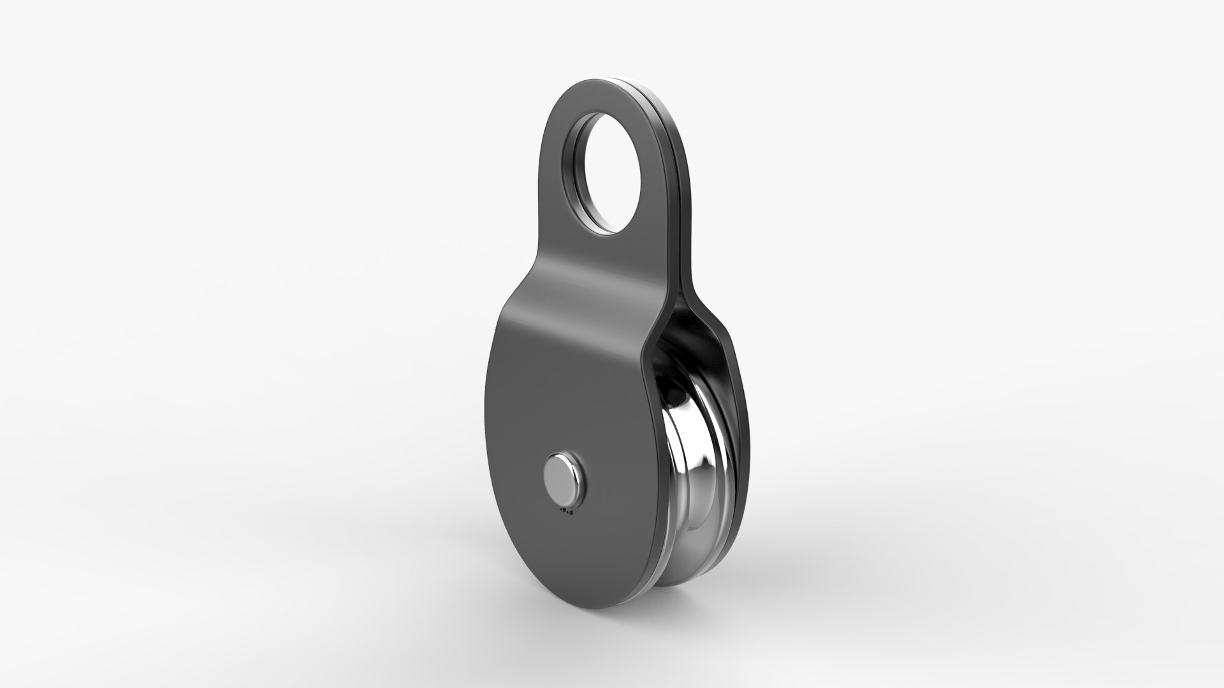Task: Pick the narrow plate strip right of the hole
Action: pos(657,185)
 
